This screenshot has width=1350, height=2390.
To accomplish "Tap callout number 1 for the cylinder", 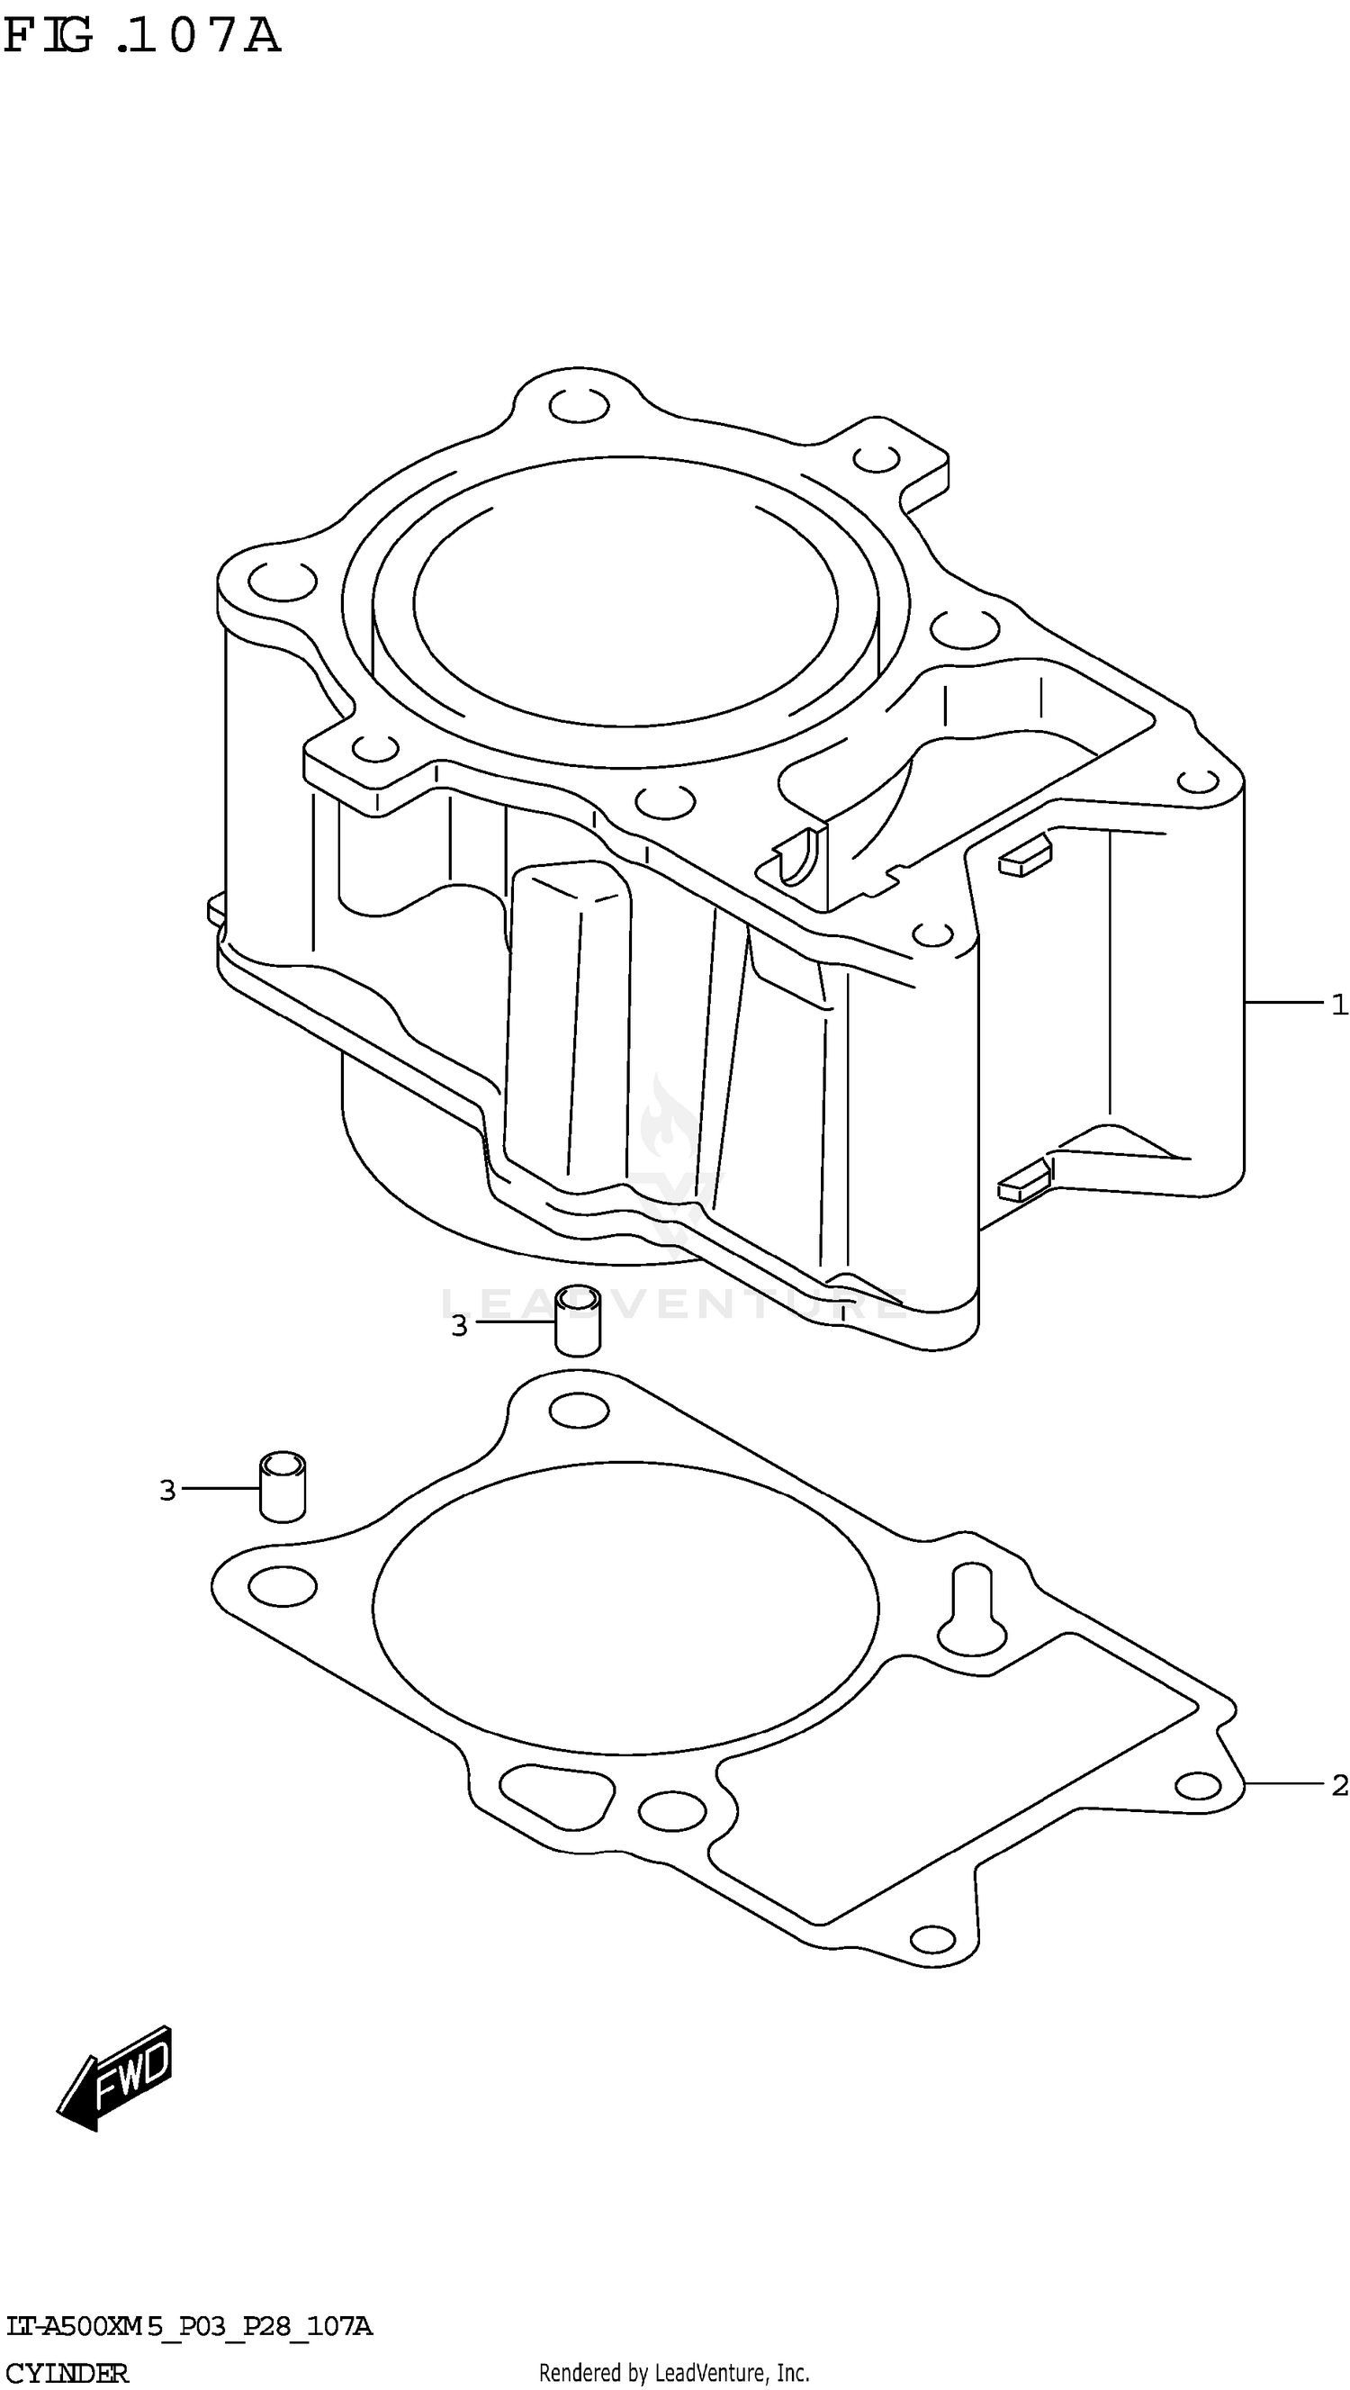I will pos(1338,1004).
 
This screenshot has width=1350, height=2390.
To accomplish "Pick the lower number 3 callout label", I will pos(167,1491).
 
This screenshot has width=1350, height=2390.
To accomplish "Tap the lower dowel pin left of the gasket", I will pos(282,1487).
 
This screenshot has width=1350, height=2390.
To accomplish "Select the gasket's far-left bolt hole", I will pos(283,1586).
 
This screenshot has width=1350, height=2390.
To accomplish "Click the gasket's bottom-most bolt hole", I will pos(932,1939).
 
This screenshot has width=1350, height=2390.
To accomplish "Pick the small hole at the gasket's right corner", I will pos(1197,1785).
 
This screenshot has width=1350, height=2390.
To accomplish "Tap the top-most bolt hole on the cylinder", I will pos(579,405).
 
